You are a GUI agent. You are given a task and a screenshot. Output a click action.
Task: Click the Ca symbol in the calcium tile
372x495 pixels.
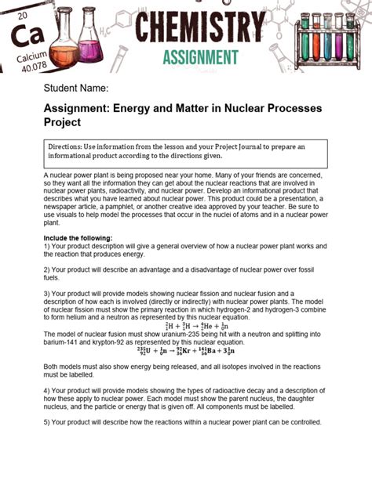point(24,37)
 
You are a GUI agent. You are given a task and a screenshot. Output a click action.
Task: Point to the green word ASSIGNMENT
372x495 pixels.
point(200,56)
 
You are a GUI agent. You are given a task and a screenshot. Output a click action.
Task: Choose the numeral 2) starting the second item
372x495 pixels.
point(47,269)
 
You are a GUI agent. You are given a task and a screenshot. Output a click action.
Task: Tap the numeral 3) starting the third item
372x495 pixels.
point(47,294)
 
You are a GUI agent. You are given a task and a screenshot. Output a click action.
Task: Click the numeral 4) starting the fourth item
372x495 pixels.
point(47,389)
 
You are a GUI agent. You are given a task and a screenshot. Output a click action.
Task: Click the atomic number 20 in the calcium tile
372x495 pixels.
point(23,16)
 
